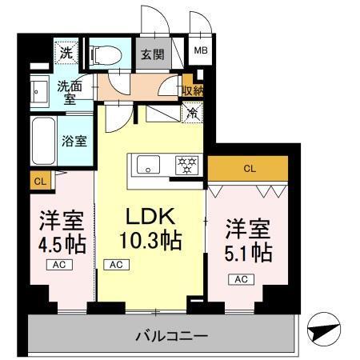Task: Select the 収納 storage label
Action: click(x=192, y=90)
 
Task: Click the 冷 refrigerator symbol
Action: click(x=191, y=114)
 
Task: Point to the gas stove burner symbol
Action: click(x=186, y=166)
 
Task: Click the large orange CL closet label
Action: click(x=249, y=168)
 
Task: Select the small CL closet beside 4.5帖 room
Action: click(x=39, y=182)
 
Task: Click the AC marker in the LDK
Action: click(x=115, y=264)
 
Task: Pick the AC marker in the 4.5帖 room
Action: click(x=60, y=264)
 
